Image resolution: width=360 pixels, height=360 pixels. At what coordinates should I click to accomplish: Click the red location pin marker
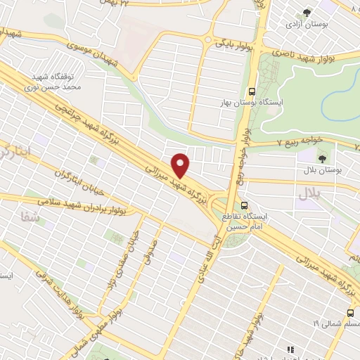pos(181,165)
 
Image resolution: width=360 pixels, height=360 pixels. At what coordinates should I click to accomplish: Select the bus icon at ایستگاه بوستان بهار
pos(251,90)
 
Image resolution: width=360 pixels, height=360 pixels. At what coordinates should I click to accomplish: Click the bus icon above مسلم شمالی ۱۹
pos(350,313)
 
